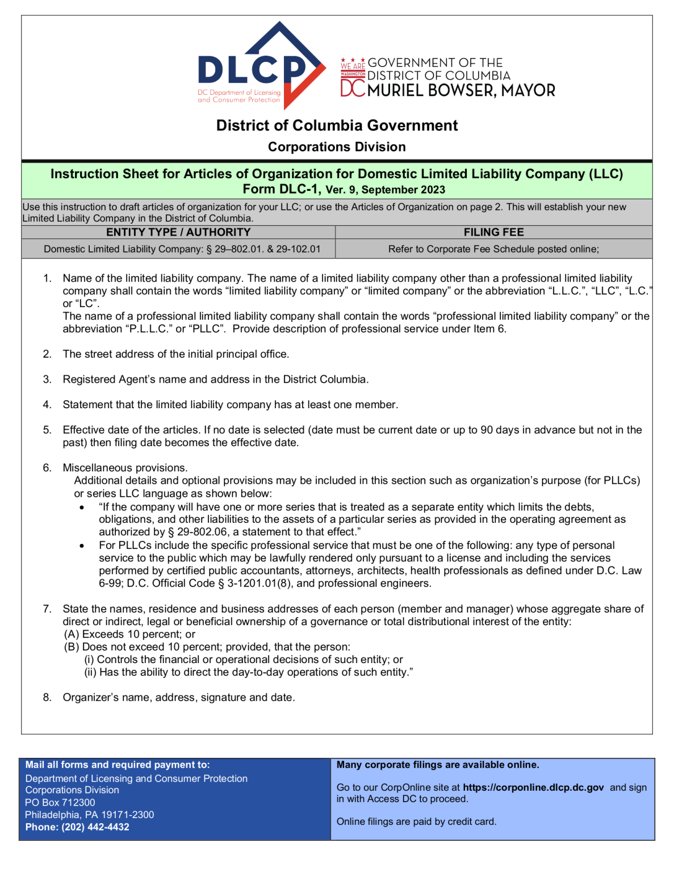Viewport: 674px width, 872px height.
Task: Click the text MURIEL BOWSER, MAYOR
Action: click(461, 91)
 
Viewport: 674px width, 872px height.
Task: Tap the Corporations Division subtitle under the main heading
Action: click(337, 147)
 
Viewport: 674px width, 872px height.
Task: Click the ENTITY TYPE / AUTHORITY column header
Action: click(178, 232)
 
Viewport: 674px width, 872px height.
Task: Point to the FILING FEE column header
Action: click(493, 232)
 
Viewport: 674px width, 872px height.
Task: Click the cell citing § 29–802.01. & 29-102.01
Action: click(182, 249)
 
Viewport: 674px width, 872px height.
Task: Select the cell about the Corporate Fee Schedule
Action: click(493, 249)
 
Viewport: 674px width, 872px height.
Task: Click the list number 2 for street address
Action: click(47, 354)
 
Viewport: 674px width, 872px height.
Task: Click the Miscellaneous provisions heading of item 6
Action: click(125, 468)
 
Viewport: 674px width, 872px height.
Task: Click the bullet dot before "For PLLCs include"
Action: click(82, 546)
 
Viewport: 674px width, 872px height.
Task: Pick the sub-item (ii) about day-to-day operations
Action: click(248, 672)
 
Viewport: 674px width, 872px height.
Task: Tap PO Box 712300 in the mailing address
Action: click(60, 802)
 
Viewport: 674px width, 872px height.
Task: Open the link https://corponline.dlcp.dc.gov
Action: click(533, 787)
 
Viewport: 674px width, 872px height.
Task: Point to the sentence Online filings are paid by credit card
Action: click(416, 821)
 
